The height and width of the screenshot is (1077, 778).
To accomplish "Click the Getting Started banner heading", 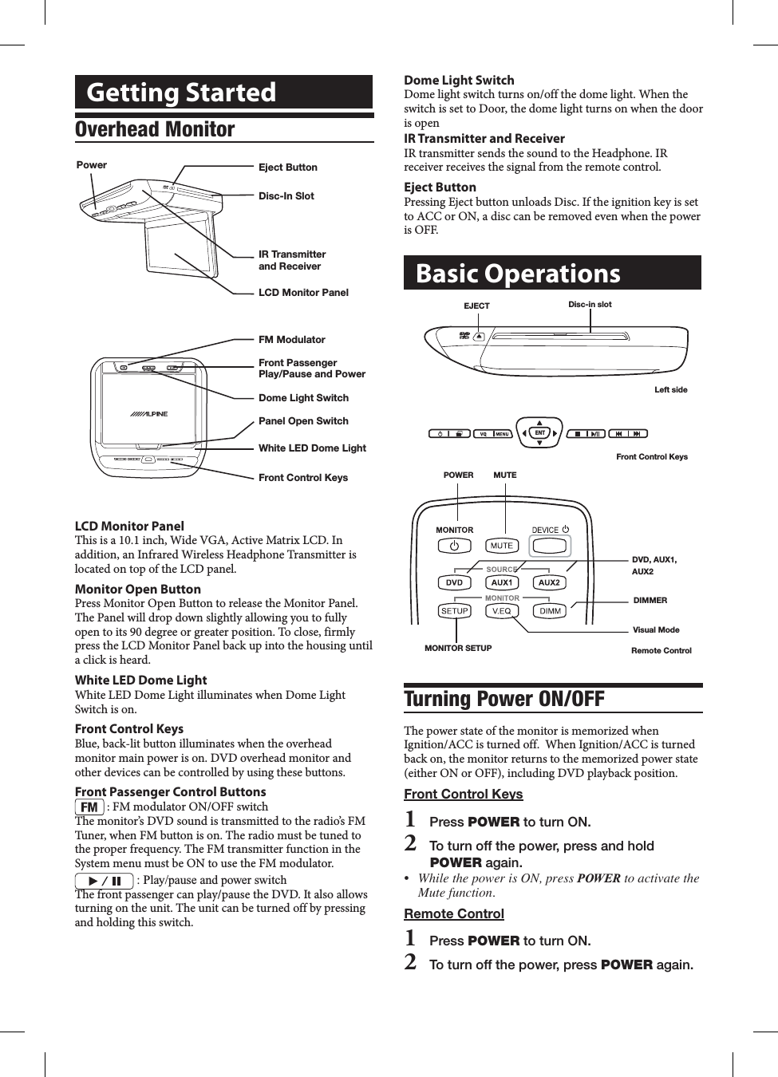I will point(181,93).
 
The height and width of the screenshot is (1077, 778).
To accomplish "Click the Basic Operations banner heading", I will point(518,274).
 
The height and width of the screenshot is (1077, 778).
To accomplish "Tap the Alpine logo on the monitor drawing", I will point(149,414).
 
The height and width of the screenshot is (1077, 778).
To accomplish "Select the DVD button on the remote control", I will point(454,582).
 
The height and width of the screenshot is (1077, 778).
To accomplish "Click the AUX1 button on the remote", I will point(502,582).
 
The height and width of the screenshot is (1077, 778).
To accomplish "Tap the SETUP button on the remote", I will point(454,611).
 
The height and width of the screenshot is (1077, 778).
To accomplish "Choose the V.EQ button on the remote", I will point(502,611).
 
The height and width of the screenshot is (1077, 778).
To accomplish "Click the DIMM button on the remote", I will point(550,611).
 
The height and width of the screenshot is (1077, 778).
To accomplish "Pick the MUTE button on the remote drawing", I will point(502,546).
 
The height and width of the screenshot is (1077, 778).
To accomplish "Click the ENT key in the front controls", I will point(539,433).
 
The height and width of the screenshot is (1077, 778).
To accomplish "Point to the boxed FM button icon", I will point(89,807).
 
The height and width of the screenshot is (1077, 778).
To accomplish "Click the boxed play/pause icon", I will point(105,881).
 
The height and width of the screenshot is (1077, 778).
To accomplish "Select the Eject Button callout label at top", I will point(287,168).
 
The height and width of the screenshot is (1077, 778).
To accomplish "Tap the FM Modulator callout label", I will point(291,340).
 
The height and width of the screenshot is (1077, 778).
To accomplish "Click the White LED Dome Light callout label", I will point(312,448).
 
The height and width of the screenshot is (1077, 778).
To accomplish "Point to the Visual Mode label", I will point(656,629).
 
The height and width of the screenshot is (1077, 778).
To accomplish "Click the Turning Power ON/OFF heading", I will point(504,699).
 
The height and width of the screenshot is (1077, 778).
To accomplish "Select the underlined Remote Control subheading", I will point(453,913).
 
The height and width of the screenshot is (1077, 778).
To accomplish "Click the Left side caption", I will point(670,390).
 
